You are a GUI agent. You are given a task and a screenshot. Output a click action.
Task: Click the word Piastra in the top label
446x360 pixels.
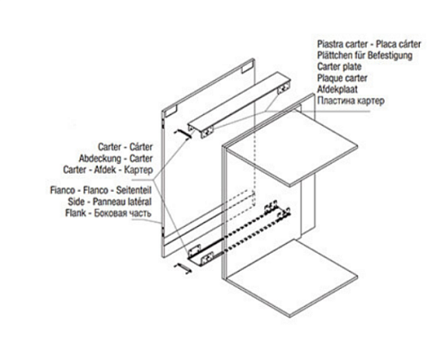(330, 44)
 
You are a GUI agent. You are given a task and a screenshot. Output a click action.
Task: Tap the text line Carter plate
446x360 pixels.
(339, 67)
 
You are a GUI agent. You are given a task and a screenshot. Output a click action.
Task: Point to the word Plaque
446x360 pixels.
(329, 78)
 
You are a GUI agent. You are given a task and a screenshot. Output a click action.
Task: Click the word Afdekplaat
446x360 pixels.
(337, 89)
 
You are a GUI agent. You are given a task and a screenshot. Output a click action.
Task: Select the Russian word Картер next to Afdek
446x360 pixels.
(138, 169)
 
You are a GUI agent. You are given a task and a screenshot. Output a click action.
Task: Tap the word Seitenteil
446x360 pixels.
(134, 190)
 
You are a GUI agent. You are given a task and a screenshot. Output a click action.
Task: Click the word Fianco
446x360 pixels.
(62, 190)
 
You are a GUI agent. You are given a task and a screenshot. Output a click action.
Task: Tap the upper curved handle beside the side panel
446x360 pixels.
(183, 133)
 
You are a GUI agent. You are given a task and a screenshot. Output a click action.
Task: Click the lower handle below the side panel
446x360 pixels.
(183, 268)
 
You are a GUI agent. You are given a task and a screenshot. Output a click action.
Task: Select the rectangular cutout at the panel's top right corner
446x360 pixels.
(247, 67)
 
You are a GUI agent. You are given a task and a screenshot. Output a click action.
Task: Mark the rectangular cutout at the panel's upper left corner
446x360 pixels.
(171, 111)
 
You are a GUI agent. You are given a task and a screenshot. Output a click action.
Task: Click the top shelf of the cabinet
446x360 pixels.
(292, 148)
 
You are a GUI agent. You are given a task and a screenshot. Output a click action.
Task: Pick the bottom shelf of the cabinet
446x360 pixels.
(291, 277)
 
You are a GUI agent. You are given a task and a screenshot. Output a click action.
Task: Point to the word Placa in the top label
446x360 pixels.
(388, 44)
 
